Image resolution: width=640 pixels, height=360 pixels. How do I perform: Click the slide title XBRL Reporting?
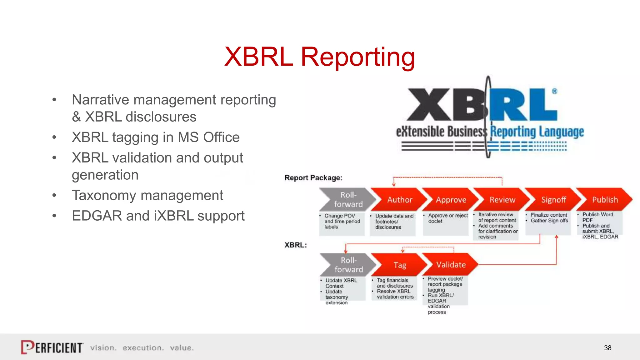tap(319, 57)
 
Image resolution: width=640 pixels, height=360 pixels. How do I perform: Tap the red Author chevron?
tap(399, 200)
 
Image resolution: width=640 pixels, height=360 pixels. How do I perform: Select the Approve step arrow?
tap(451, 200)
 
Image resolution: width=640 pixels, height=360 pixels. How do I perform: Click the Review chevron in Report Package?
tap(502, 200)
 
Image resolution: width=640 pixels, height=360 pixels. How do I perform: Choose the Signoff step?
tap(553, 200)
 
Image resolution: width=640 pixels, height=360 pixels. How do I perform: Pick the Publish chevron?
tap(605, 200)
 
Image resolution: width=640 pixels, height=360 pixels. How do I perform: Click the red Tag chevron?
tap(399, 265)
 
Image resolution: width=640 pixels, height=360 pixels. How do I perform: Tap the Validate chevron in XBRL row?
tap(451, 265)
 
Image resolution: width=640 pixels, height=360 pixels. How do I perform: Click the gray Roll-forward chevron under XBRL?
tap(348, 265)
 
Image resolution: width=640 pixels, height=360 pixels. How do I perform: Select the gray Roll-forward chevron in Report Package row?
tap(348, 200)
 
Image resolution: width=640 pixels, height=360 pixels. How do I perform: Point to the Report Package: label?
tap(313, 178)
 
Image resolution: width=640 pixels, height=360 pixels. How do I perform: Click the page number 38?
tap(607, 348)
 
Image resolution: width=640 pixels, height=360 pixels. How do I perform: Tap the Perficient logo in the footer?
tap(52, 347)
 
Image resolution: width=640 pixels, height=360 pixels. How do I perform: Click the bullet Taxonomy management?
tap(147, 196)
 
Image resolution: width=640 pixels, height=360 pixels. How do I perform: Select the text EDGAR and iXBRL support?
tap(158, 216)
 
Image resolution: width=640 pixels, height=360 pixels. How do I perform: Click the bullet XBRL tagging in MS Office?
tap(156, 137)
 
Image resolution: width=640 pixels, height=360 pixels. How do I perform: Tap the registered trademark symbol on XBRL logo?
tap(554, 91)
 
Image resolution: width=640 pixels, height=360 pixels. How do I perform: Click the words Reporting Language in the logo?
tap(537, 132)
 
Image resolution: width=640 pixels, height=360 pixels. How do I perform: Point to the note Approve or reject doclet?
tap(447, 218)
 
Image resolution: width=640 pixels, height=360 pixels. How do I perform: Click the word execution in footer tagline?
tap(143, 348)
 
